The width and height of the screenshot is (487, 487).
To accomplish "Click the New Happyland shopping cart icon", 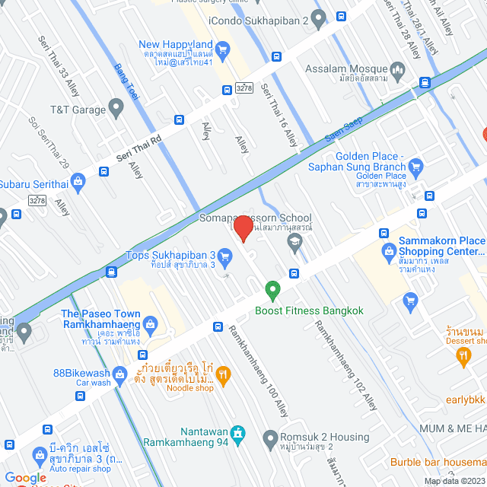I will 222,51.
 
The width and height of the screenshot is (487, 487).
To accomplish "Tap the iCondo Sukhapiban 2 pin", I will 320,18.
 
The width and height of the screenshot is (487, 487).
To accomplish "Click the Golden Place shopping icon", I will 415,166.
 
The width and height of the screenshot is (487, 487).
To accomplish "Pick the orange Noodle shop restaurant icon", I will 223,374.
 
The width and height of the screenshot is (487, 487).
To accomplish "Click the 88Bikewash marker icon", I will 119,374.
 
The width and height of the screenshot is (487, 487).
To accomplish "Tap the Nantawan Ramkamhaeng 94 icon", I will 237,432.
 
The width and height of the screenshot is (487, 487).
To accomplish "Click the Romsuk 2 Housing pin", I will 269,438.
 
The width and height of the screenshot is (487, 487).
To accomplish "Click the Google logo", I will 24,477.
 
